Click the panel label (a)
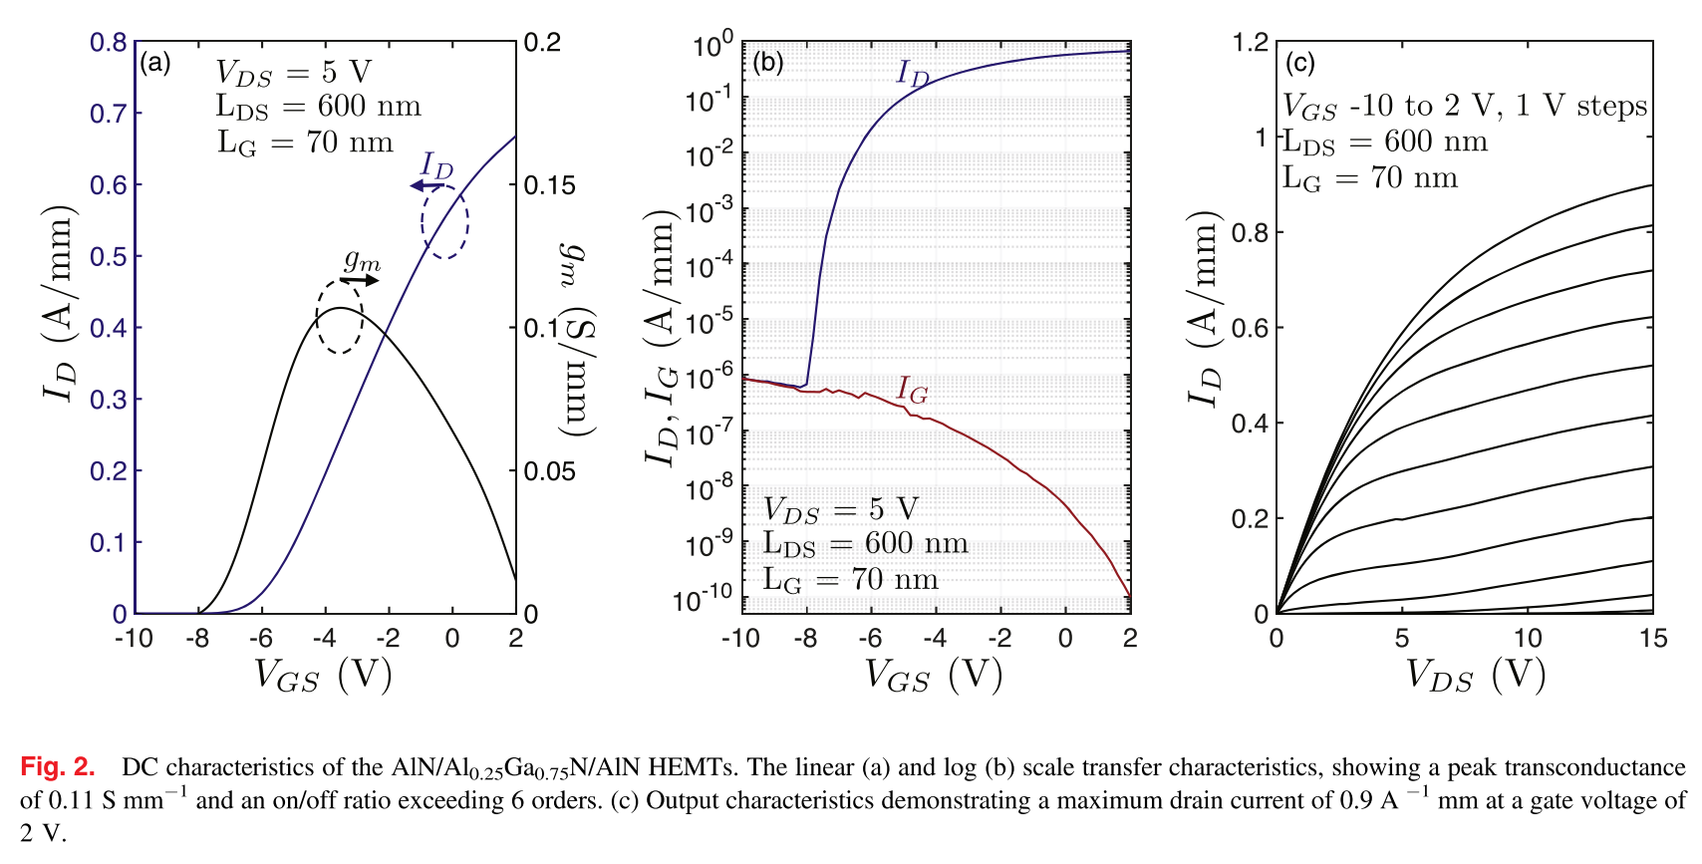point(154,63)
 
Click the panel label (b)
point(767,63)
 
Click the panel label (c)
point(1299,63)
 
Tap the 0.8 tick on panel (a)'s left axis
point(109,43)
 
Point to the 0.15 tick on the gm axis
point(550,185)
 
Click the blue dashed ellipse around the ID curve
point(444,221)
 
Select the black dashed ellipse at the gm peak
point(339,317)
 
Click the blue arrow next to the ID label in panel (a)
point(427,186)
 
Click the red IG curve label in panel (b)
point(912,390)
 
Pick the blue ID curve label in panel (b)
point(912,73)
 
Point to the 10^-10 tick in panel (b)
point(703,600)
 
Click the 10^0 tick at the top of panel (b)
point(712,45)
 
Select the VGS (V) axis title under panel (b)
point(933,676)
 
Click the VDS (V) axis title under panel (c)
point(1475,676)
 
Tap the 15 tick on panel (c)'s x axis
point(1653,639)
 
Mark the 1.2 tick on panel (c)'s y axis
point(1251,43)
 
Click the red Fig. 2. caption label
point(58,767)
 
